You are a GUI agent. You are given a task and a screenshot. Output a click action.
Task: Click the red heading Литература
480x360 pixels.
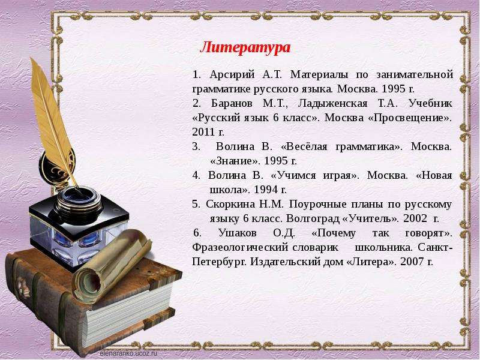click(245, 48)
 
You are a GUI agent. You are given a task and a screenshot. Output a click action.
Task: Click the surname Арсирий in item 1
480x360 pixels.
click(232, 74)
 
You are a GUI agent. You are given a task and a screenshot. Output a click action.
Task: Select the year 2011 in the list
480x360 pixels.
click(203, 132)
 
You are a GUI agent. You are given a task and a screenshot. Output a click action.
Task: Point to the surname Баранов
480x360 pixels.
click(232, 103)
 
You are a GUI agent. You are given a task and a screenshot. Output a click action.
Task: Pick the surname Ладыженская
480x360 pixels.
click(332, 104)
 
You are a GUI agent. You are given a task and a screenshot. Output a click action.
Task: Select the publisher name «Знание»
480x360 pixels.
click(235, 161)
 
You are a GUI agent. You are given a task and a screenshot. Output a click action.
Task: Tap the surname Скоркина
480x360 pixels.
click(230, 204)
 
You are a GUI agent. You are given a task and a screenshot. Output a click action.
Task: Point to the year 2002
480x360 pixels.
click(415, 218)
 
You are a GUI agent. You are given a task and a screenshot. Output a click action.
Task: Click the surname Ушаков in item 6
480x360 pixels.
click(238, 233)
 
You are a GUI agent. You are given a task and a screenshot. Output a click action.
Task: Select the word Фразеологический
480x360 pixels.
click(240, 248)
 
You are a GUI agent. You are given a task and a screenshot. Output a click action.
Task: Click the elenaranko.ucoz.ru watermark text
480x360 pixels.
click(128, 353)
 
